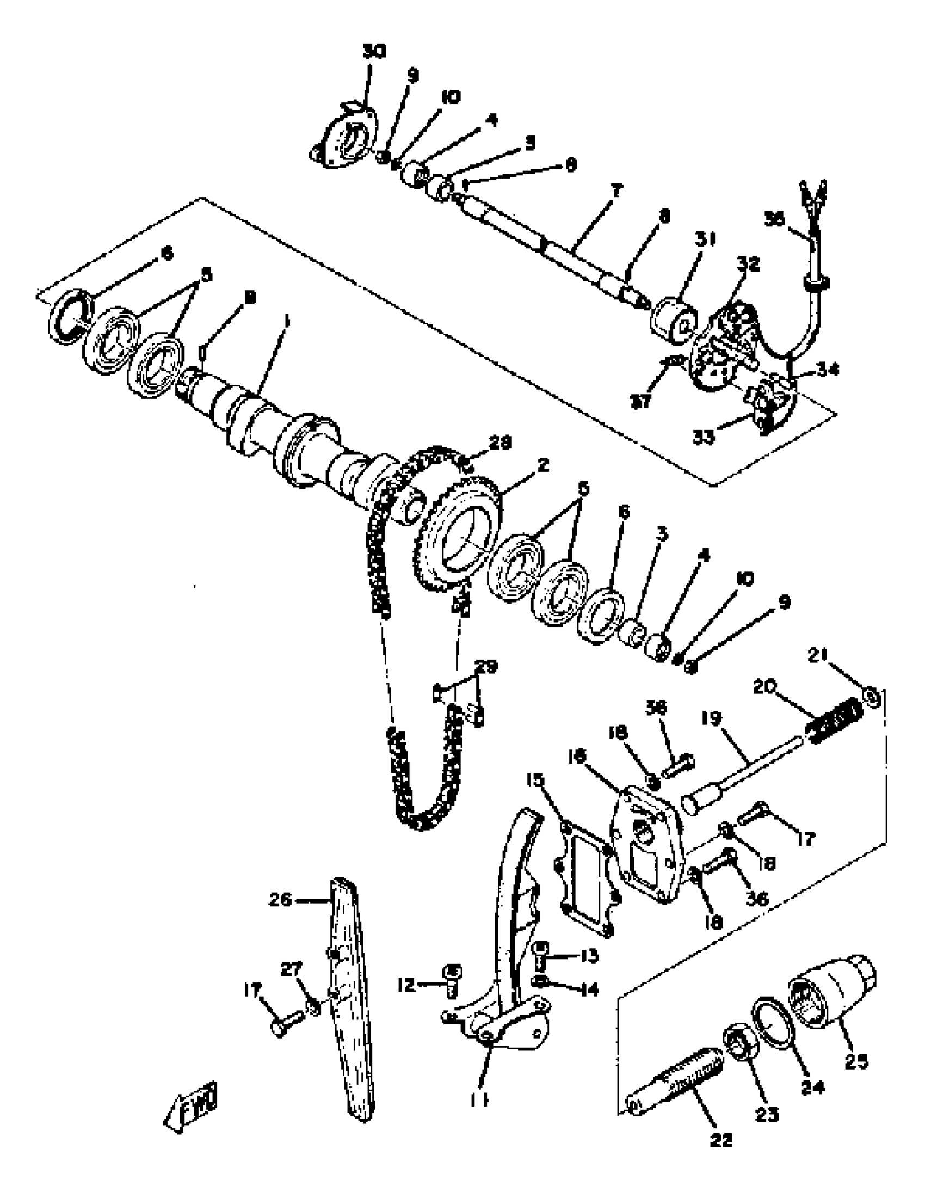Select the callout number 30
374,52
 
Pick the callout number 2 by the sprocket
542,465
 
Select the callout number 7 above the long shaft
616,192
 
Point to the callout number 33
704,437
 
